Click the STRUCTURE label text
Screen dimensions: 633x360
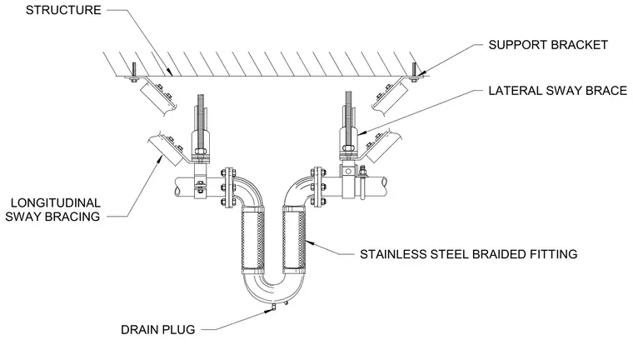63,10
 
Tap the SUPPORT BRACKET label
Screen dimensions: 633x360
548,45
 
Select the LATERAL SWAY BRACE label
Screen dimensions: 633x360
557,91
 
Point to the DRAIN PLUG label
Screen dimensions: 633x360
158,330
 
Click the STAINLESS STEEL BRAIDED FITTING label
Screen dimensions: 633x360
468,254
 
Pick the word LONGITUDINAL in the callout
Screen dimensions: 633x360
56,202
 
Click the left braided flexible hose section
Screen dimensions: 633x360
252,239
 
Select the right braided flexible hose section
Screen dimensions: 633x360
293,239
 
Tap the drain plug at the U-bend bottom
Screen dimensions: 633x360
275,307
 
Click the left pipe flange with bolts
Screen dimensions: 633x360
229,187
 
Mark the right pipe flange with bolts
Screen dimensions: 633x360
318,187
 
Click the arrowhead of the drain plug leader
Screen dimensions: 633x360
268,311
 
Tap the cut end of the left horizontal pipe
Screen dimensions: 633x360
177,187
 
